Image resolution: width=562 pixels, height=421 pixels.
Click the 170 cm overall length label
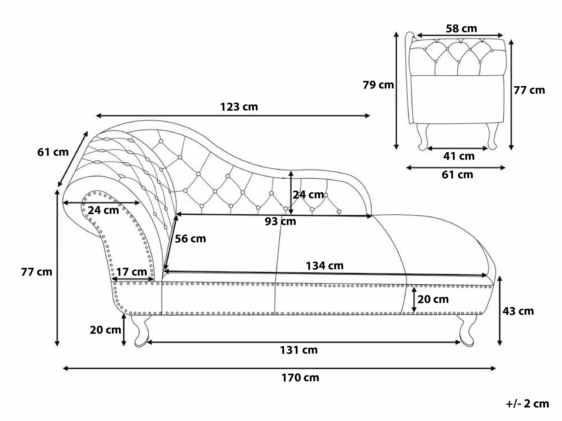300,378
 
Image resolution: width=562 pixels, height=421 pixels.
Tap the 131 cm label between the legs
299,350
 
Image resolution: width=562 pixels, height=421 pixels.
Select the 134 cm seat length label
324,266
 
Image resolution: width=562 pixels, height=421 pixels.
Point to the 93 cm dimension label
280,222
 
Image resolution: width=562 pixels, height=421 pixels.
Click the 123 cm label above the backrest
239,107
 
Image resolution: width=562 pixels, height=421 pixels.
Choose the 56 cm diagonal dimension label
190,239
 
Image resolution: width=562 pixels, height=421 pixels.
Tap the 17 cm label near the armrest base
132,272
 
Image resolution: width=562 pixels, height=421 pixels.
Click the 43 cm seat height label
518,311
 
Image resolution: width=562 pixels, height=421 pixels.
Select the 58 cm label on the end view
461,29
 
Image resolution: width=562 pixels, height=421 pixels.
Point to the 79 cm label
378,85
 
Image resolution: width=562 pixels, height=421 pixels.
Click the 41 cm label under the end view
459,156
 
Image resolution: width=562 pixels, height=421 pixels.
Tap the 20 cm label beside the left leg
105,330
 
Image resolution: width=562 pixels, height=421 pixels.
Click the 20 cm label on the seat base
433,299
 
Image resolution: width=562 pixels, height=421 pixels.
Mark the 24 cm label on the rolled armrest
103,210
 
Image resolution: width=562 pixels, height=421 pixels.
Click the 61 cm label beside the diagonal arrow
53,152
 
